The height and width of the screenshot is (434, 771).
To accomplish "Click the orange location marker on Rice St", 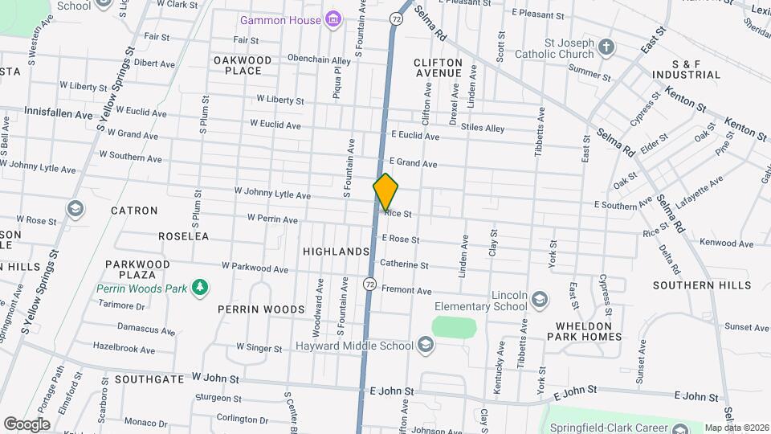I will point(385,192).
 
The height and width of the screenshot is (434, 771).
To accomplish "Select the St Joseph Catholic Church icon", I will point(607,47).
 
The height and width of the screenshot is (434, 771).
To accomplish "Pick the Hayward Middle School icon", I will point(425,346).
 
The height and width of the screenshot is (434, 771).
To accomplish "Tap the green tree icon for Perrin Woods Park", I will point(198,288).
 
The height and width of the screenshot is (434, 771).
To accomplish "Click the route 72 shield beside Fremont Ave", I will point(369,285).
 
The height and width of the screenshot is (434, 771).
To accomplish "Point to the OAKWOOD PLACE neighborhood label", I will point(243,65).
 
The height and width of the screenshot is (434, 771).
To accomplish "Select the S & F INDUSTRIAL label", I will point(685,68).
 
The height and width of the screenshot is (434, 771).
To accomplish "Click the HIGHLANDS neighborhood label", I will point(336,252).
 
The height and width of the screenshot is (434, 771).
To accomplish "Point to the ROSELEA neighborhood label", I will point(183,236).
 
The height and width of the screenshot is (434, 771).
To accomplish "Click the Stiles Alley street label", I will point(483,128).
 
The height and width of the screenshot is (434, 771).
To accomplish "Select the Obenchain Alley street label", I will point(319,60).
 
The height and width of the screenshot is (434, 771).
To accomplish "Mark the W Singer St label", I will point(259,348).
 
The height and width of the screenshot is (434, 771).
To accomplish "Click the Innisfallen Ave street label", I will point(59,114).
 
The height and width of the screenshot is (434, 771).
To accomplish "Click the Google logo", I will point(26,424).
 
